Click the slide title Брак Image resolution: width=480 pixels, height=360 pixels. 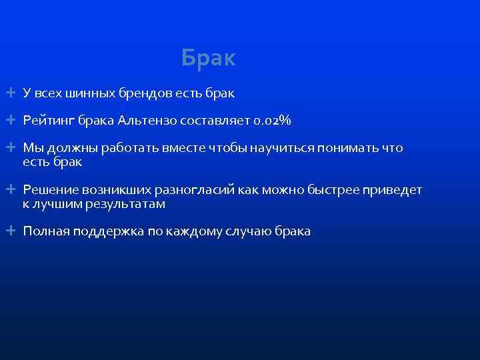point(208,59)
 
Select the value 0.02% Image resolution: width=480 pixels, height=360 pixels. point(273,121)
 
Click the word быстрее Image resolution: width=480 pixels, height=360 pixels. point(332,191)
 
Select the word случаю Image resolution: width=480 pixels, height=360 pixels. point(241,231)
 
